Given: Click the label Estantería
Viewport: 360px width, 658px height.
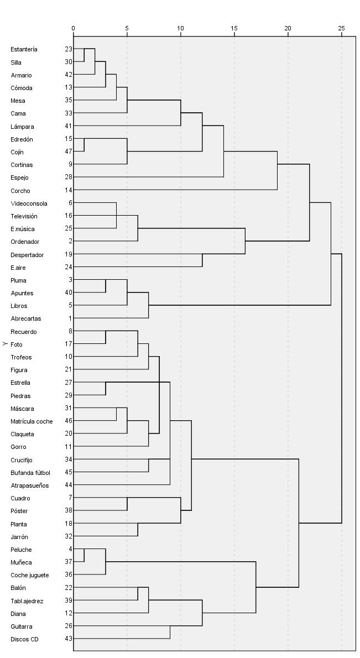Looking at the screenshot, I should (x=24, y=49).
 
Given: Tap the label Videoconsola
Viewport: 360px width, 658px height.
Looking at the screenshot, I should (x=29, y=203).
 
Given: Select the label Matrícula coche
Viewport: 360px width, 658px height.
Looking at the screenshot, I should (x=32, y=421).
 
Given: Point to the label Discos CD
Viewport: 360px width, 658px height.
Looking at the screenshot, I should (x=25, y=639).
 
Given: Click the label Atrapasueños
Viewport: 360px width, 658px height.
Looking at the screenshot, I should (x=29, y=485).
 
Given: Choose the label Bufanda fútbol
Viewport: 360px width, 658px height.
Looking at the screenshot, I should (x=30, y=473).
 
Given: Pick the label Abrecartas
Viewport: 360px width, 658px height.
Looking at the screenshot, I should (x=25, y=318).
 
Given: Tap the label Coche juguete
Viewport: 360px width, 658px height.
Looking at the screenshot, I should (x=29, y=575).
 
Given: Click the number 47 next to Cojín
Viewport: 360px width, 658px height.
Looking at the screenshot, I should (x=68, y=152).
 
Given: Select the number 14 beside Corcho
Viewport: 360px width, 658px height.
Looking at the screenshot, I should (x=68, y=190).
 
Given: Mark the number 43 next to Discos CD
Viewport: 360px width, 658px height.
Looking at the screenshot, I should (x=68, y=639).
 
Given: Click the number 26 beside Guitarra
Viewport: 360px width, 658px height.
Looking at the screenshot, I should (x=68, y=626).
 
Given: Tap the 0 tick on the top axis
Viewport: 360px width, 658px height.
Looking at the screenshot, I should (x=74, y=28).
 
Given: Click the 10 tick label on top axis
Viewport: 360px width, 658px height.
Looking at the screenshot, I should (x=180, y=28).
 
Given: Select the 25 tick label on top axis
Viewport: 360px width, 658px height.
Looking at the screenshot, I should (x=341, y=28).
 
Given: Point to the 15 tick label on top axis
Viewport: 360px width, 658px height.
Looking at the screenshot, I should (x=234, y=28).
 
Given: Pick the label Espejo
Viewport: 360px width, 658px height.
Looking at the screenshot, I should (x=19, y=177).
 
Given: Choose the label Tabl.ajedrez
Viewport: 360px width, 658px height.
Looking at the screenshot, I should (x=27, y=601).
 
